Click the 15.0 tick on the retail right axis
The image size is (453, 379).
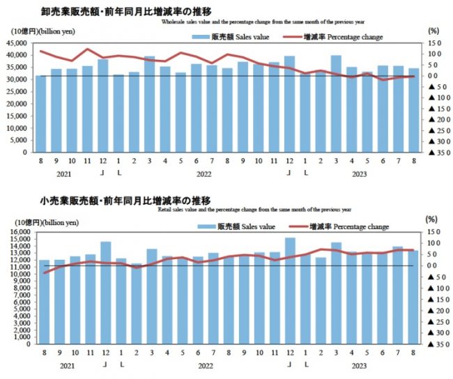[433, 232]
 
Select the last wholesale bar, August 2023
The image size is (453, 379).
[414, 110]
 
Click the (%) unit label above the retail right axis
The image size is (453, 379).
[433, 221]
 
